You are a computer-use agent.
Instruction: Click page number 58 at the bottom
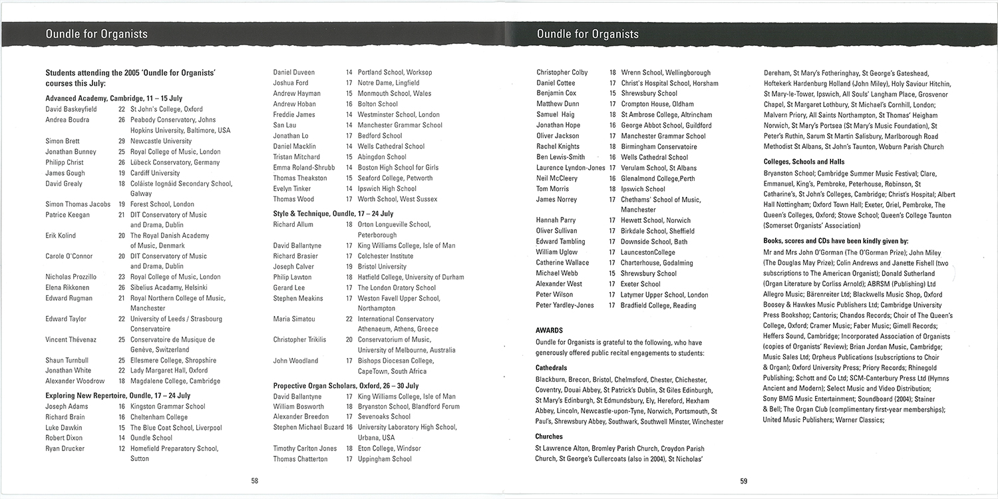[254, 480]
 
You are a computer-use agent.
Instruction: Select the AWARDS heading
[549, 330]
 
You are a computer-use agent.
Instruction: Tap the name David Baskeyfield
[71, 109]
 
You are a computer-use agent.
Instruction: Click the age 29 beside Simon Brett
[122, 141]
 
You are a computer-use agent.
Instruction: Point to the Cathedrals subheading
[551, 367]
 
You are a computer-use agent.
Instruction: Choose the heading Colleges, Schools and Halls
[804, 162]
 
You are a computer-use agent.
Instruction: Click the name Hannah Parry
[556, 220]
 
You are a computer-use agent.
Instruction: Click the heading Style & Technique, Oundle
[333, 214]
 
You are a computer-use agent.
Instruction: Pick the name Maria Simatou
[294, 319]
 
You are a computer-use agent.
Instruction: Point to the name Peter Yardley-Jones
[565, 305]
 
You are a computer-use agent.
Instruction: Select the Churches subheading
[549, 436]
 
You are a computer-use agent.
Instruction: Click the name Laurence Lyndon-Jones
[570, 168]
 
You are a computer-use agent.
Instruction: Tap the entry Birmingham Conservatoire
[659, 146]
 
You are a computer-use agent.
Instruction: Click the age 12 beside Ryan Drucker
[122, 448]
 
